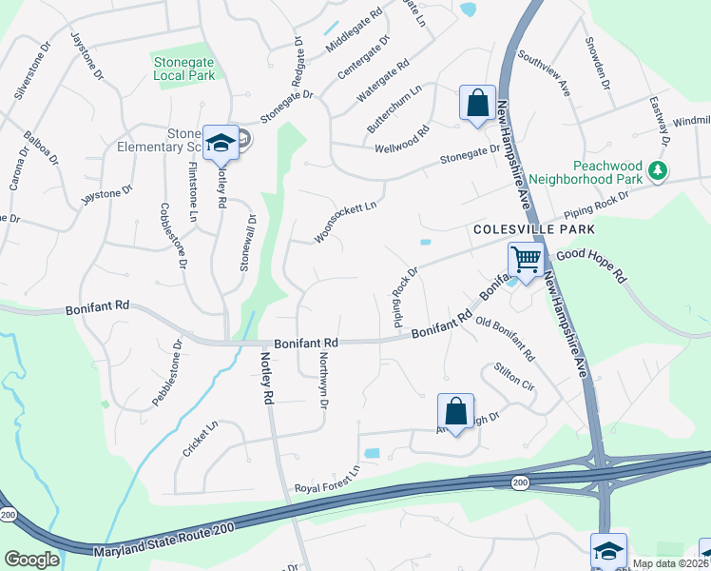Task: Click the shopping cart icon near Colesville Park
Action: pos(525,258)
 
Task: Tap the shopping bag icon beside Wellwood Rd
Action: pos(476,103)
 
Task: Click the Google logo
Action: pos(31,560)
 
